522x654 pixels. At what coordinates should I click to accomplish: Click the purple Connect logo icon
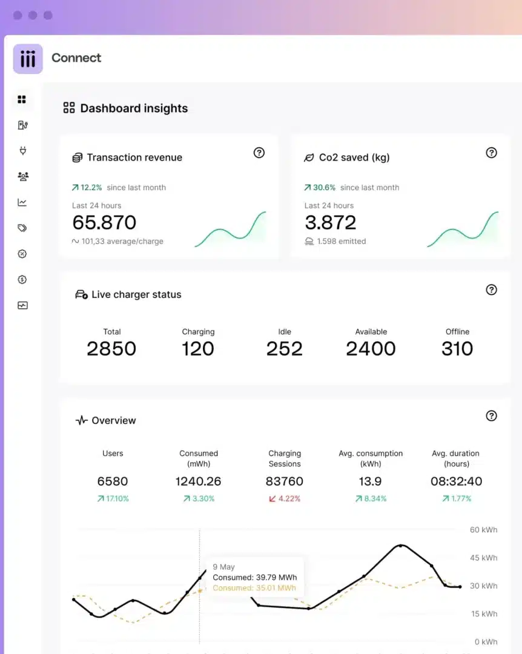click(x=27, y=59)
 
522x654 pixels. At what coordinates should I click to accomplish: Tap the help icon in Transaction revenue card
click(x=259, y=153)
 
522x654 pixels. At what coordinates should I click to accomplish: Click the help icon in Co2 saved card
click(x=491, y=153)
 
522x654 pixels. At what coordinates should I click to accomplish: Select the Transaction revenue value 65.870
click(x=104, y=222)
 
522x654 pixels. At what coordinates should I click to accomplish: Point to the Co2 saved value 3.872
click(x=331, y=222)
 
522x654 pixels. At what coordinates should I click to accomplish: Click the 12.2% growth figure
click(x=91, y=188)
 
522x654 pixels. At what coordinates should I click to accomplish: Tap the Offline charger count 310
click(x=457, y=349)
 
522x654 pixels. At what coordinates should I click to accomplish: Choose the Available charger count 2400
click(x=371, y=349)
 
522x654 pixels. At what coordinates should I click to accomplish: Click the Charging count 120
click(x=198, y=349)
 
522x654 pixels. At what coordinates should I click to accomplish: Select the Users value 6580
click(x=113, y=481)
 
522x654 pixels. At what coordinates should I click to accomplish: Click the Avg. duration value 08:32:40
click(x=457, y=481)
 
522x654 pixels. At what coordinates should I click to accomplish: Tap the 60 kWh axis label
click(x=484, y=530)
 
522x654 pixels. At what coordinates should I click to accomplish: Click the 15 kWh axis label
click(x=484, y=613)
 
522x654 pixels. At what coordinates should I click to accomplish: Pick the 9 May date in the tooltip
click(x=223, y=567)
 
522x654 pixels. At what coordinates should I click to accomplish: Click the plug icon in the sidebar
click(x=22, y=151)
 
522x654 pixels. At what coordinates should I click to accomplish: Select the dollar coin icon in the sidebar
click(x=22, y=279)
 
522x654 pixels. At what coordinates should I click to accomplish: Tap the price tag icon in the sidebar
click(x=22, y=228)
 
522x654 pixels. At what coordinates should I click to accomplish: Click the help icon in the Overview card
click(x=491, y=416)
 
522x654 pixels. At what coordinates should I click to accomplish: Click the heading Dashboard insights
click(x=134, y=108)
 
